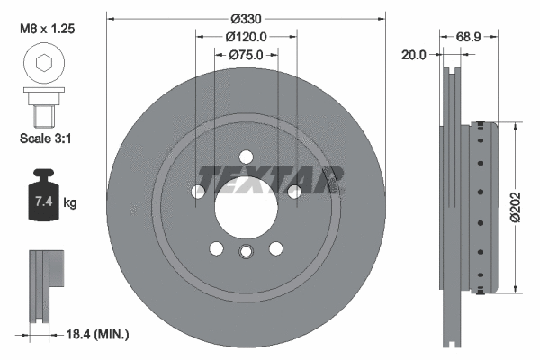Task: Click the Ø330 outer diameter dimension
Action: point(246,19)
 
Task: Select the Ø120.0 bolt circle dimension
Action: point(246,37)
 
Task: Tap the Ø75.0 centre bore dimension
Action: point(246,54)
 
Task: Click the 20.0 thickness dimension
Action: point(415,54)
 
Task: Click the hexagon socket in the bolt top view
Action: point(41,64)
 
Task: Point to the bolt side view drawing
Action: point(41,106)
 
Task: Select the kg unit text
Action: point(71,204)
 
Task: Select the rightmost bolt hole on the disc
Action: point(293,191)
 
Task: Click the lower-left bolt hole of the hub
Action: point(216,248)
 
